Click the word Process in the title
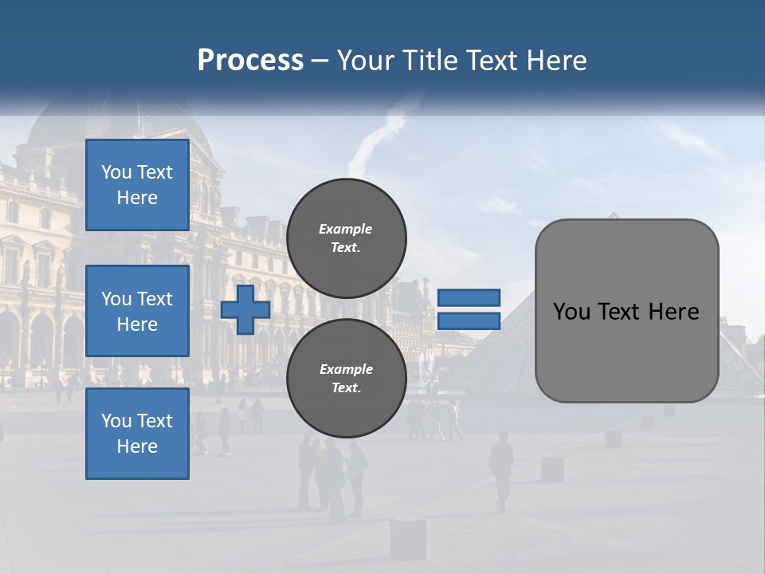tap(250, 60)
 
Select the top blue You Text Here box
tap(137, 185)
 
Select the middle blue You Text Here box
tap(137, 311)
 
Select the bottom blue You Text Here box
tap(137, 434)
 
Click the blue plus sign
tap(245, 310)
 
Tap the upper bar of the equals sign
tap(469, 297)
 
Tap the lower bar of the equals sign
tap(469, 321)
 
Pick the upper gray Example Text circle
tap(346, 238)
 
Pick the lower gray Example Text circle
tap(346, 378)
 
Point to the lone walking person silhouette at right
tap(500, 469)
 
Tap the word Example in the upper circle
tap(346, 229)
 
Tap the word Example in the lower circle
tap(346, 369)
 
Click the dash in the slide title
tap(320, 61)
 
